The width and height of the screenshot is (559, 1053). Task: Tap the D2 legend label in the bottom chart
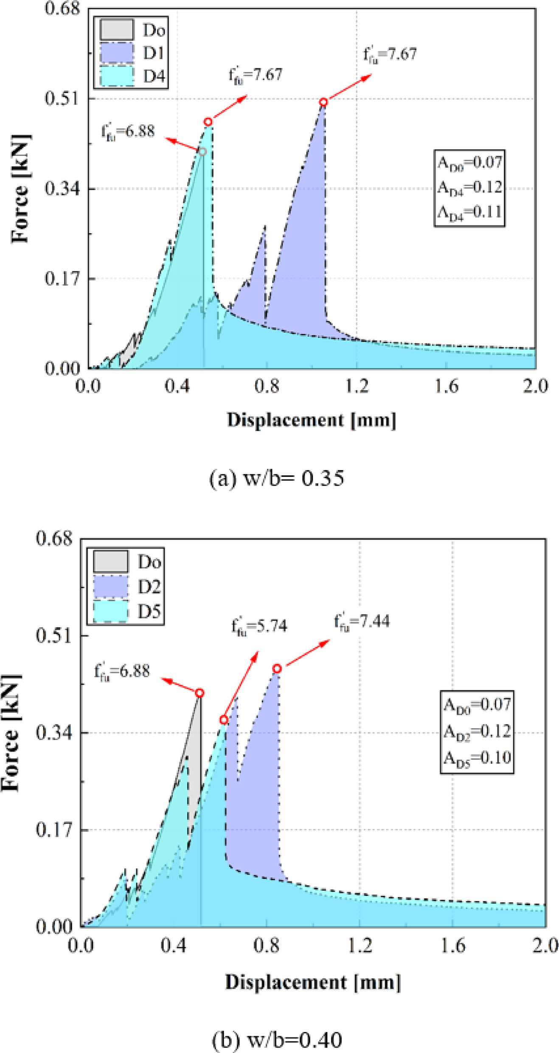tap(149, 587)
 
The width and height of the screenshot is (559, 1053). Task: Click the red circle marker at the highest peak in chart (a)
tap(323, 102)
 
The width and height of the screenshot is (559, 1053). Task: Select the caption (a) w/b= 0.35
tap(277, 479)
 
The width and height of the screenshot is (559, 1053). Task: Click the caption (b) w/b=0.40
tap(277, 1040)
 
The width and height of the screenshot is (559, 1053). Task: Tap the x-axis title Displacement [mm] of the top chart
tap(311, 420)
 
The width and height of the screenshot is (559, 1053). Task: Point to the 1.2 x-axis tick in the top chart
tap(357, 386)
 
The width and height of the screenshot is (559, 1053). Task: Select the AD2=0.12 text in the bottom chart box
tap(477, 731)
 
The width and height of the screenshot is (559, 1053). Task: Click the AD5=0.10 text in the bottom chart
tap(477, 757)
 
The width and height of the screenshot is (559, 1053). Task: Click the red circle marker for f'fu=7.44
tap(277, 669)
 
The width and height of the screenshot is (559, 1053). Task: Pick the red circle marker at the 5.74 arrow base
tap(224, 720)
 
